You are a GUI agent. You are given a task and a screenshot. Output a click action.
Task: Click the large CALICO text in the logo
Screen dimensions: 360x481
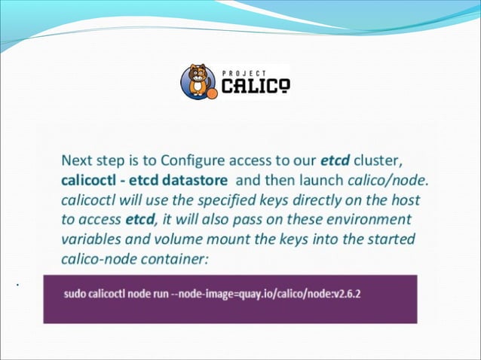pos(255,87)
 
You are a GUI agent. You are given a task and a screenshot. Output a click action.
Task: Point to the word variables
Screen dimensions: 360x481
pos(89,239)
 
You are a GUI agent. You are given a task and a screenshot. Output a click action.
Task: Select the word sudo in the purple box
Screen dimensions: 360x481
pos(77,293)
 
